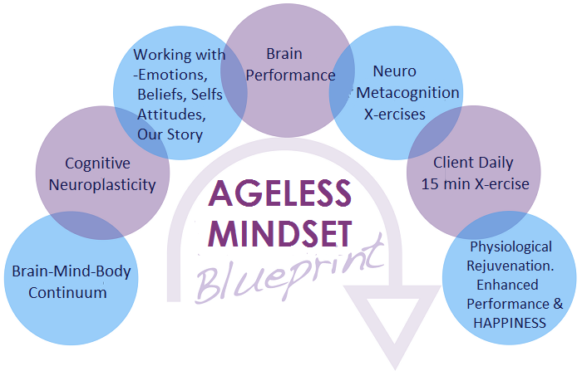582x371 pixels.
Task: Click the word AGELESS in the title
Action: tap(279, 193)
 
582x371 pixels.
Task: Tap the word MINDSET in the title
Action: tap(280, 233)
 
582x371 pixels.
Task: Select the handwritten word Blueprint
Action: tap(290, 271)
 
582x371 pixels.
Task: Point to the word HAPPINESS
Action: tap(510, 323)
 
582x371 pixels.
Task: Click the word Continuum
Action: tap(67, 293)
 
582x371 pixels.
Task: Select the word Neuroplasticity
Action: tap(102, 185)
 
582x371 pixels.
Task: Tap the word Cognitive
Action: tap(97, 164)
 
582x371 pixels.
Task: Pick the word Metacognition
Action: tap(408, 93)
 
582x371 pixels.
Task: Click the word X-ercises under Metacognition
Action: tap(395, 115)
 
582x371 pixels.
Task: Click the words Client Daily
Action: tap(473, 163)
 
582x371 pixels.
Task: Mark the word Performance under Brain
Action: tap(291, 76)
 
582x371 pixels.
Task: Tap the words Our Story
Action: tap(170, 134)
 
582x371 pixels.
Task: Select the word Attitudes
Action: tap(171, 115)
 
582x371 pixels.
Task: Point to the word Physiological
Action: tap(511, 247)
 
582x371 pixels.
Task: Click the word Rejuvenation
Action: tap(510, 266)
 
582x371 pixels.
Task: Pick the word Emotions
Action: tap(173, 75)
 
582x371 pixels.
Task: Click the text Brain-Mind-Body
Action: tap(72, 271)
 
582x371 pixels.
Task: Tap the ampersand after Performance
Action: tap(558, 304)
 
